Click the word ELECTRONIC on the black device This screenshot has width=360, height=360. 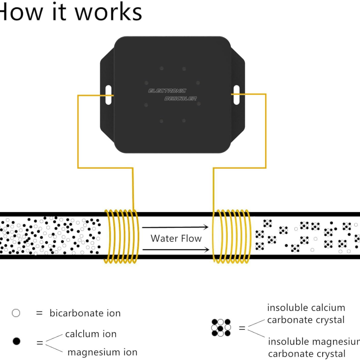click(167, 91)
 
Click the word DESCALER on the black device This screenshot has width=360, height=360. click(180, 99)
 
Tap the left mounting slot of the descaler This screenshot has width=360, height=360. click(108, 94)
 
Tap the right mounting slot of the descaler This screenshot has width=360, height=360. click(236, 94)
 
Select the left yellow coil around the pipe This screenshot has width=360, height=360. click(121, 236)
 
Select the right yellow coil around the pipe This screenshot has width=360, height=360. click(232, 236)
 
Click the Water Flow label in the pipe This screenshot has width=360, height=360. click(176, 238)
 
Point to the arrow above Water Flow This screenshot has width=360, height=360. click(176, 228)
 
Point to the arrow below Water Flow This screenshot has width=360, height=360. click(176, 249)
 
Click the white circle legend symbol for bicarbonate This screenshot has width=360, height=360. click(16, 313)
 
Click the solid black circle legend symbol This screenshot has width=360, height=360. click(16, 341)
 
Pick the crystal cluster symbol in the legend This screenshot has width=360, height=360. click(221, 328)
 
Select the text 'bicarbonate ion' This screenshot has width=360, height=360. click(85, 313)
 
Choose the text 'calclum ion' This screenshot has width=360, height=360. click(90, 334)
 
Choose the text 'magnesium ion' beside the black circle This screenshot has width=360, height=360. click(102, 352)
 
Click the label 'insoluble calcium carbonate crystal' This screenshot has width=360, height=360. click(306, 314)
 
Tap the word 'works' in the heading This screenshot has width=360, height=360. click(108, 12)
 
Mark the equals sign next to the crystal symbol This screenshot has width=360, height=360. click(242, 328)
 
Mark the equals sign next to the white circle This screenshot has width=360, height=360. click(39, 313)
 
